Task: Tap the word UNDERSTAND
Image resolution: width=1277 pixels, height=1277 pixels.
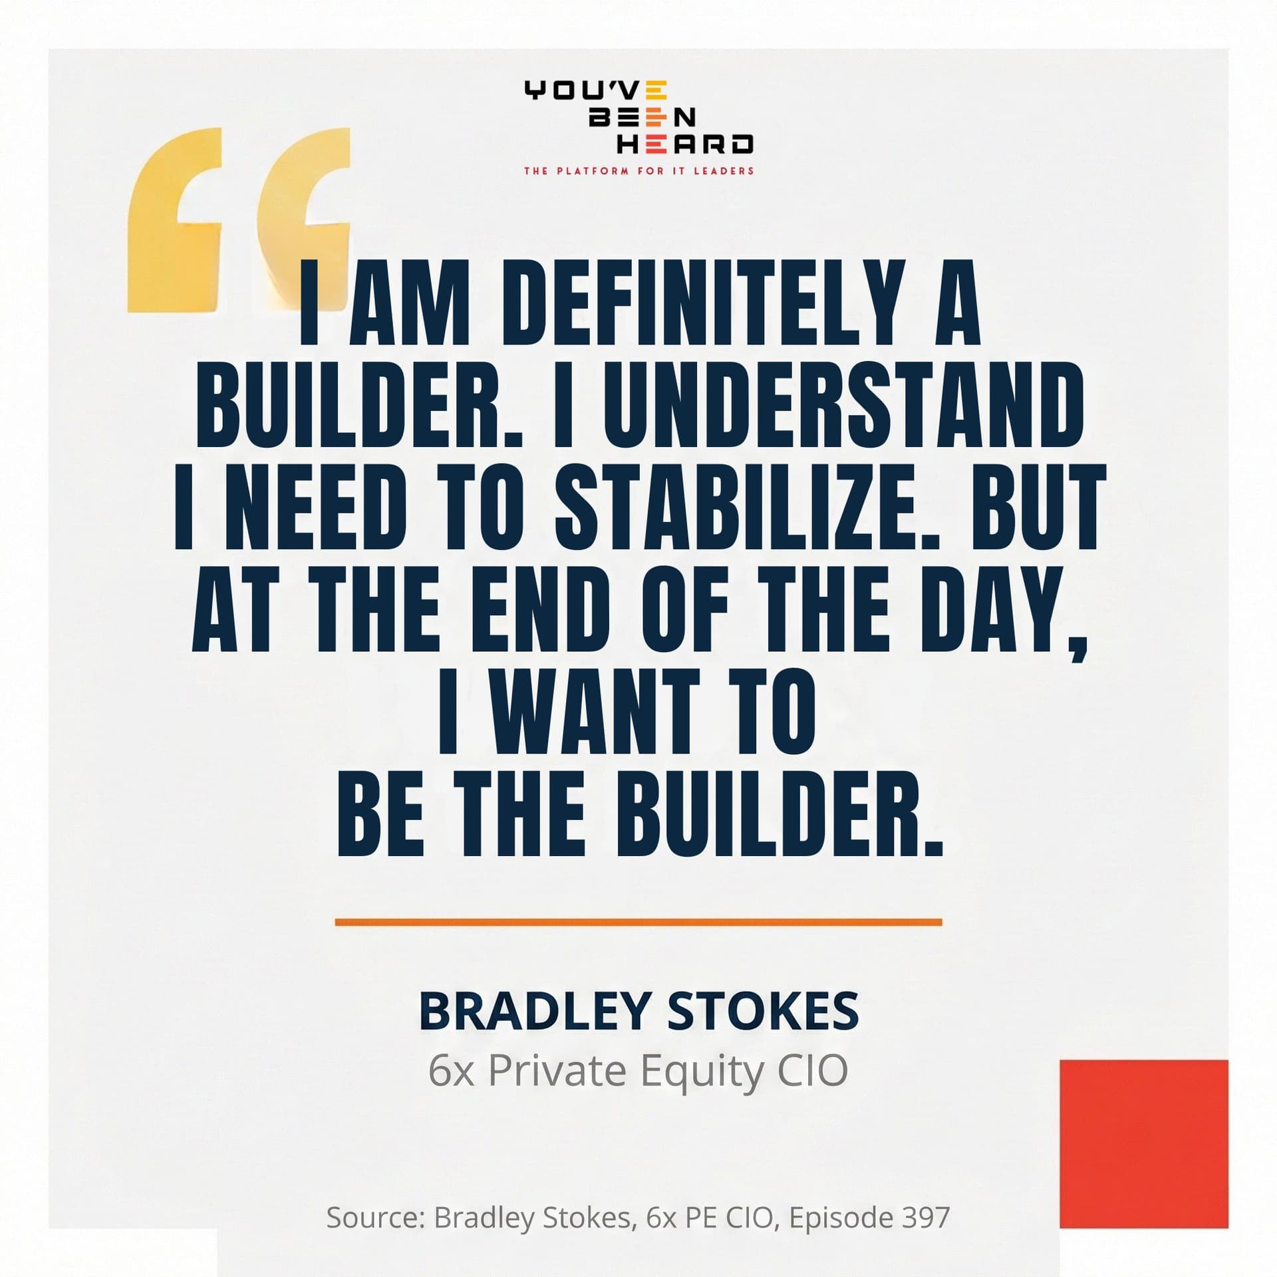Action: [844, 406]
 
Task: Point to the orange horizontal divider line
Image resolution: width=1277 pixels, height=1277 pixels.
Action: [638, 922]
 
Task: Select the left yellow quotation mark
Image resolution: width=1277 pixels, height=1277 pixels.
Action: [174, 219]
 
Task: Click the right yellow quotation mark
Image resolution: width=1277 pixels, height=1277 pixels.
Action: [306, 219]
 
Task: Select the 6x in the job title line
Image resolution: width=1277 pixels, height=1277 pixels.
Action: [451, 1071]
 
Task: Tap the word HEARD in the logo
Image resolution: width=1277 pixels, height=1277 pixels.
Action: [685, 144]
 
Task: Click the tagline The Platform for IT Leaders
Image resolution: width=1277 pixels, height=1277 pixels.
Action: [638, 171]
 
